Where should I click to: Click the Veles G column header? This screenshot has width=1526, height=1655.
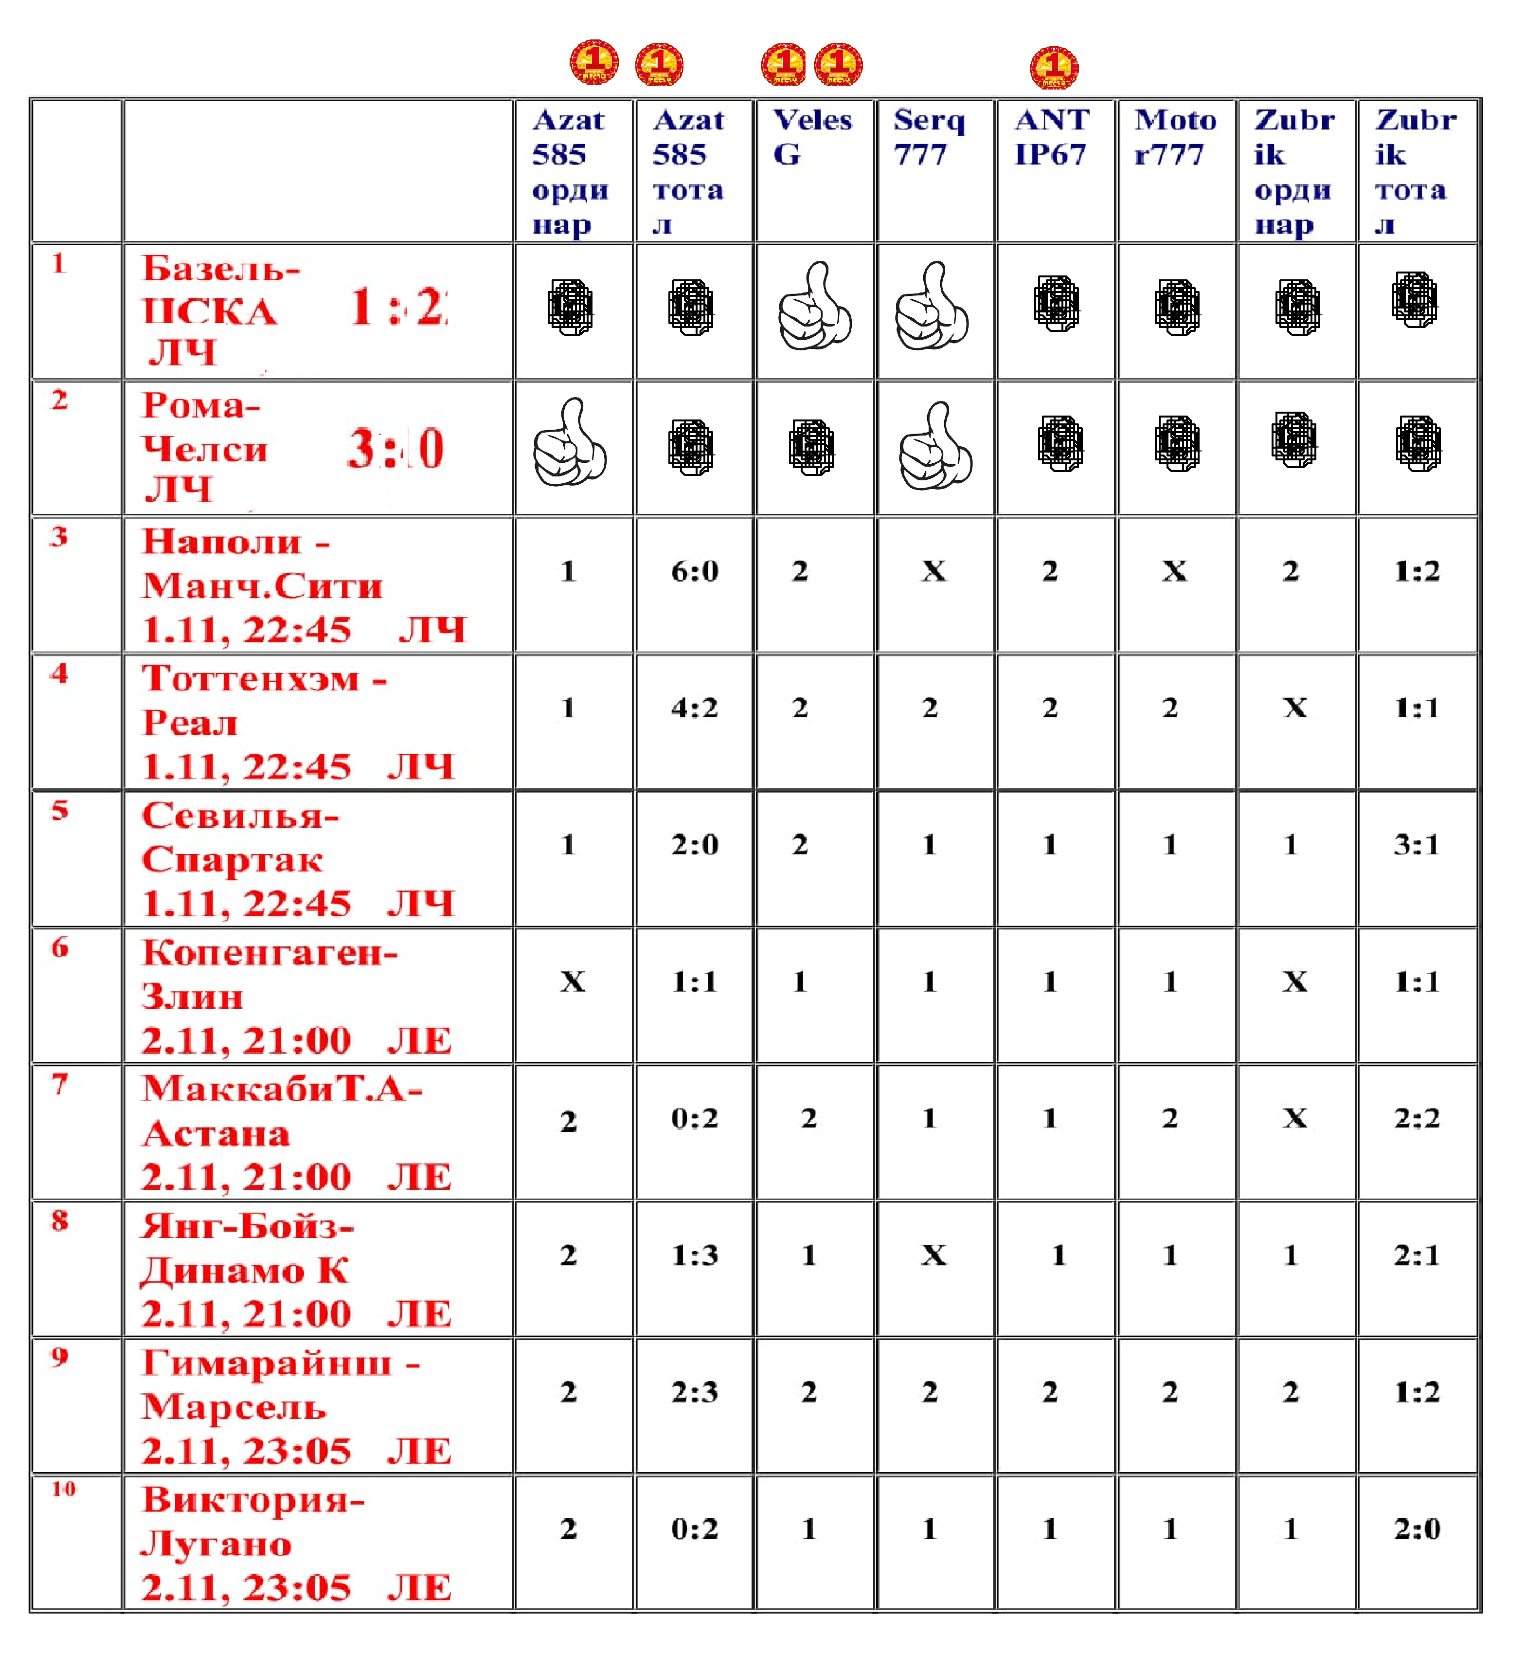point(812,137)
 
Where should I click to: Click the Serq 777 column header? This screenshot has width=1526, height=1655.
point(929,137)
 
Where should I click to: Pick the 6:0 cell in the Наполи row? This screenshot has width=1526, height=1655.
point(695,571)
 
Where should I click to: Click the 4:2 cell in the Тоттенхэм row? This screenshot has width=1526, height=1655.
point(695,708)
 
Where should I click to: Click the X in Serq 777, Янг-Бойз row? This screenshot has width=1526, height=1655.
point(934,1255)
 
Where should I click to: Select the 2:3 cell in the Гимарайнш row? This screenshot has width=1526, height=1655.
point(695,1392)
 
